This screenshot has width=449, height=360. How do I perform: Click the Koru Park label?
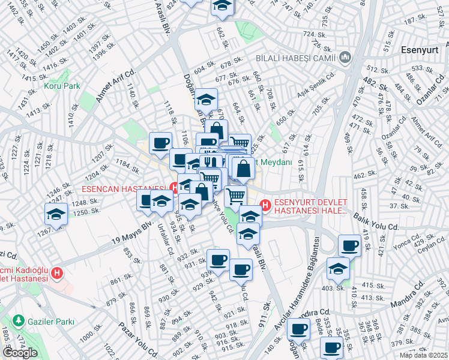point(62,86)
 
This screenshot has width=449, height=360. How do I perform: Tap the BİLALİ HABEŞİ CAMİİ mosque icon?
point(345,58)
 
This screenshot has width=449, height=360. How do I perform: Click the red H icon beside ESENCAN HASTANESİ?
point(174,188)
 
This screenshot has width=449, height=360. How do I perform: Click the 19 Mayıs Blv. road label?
point(133,233)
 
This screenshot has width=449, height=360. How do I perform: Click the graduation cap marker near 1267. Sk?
point(56,214)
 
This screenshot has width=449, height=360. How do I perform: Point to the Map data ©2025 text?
point(424,355)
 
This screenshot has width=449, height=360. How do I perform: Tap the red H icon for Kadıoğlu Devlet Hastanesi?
point(57,274)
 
